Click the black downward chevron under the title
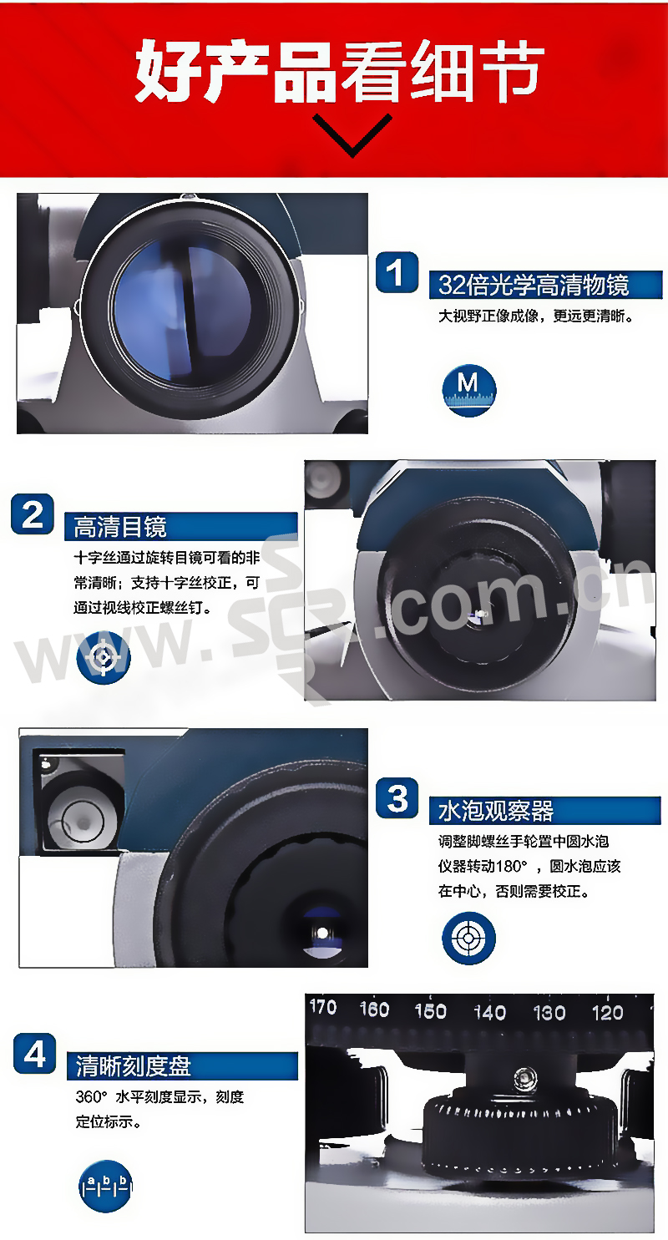352,135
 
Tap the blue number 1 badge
397,272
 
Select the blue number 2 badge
33,514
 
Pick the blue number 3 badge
397,798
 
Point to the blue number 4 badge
34,1054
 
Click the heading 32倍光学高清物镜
534,285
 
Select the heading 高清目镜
120,526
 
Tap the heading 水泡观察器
495,811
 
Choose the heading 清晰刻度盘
134,1065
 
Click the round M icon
468,390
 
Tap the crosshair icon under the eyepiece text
104,658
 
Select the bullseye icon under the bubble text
468,939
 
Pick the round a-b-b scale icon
105,1187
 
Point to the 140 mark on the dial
490,1013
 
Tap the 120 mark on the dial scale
607,1013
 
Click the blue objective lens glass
183,310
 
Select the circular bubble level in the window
81,822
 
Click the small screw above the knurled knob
524,1077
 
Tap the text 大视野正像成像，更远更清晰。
536,316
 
